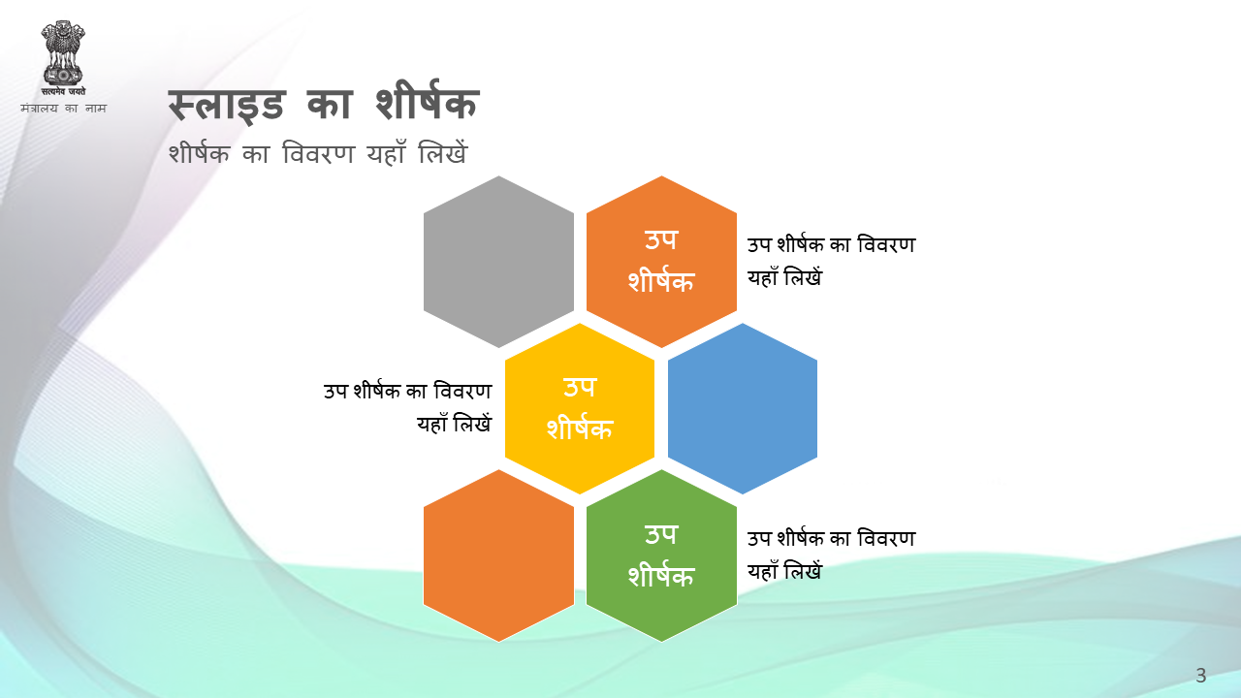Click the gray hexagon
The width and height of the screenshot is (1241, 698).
(x=498, y=262)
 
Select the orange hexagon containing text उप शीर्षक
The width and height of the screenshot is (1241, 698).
(x=661, y=262)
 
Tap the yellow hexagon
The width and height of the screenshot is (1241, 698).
(x=580, y=408)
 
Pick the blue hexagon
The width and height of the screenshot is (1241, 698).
(x=743, y=408)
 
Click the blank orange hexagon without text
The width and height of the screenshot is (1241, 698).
(x=498, y=555)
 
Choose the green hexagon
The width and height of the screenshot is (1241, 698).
(x=661, y=555)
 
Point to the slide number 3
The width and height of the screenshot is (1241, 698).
(x=1201, y=676)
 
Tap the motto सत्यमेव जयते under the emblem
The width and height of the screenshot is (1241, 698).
(x=63, y=91)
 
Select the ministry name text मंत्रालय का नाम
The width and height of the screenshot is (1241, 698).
(x=63, y=108)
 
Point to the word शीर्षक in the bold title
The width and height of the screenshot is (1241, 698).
(x=427, y=101)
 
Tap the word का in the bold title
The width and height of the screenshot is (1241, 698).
(x=329, y=104)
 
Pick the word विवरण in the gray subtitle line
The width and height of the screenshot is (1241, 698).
(x=318, y=153)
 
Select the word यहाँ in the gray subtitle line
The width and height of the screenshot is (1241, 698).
(x=386, y=152)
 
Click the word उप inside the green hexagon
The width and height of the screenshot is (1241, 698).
(x=661, y=534)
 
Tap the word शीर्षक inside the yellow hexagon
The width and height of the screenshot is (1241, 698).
(x=580, y=428)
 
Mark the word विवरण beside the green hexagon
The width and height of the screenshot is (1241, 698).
(x=886, y=538)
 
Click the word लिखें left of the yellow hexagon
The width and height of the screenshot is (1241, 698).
(x=472, y=424)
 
